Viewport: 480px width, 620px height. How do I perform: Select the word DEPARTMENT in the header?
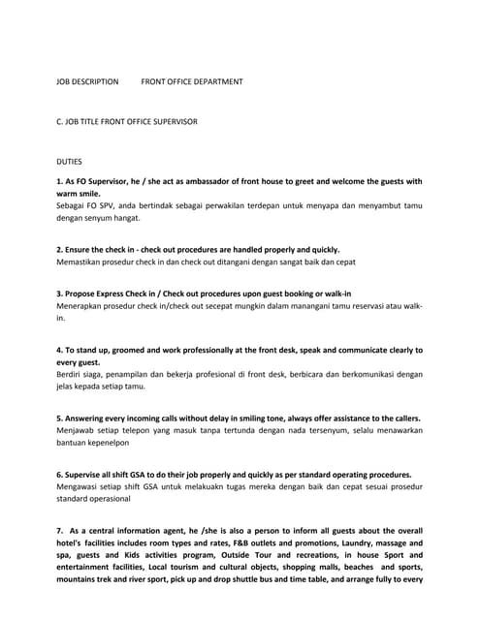(217, 82)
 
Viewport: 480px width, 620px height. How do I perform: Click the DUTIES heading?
(70, 162)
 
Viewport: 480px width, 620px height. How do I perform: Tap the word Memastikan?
(80, 262)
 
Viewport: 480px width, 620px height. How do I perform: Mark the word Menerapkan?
(81, 305)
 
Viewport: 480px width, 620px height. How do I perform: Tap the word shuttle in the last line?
(304, 580)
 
